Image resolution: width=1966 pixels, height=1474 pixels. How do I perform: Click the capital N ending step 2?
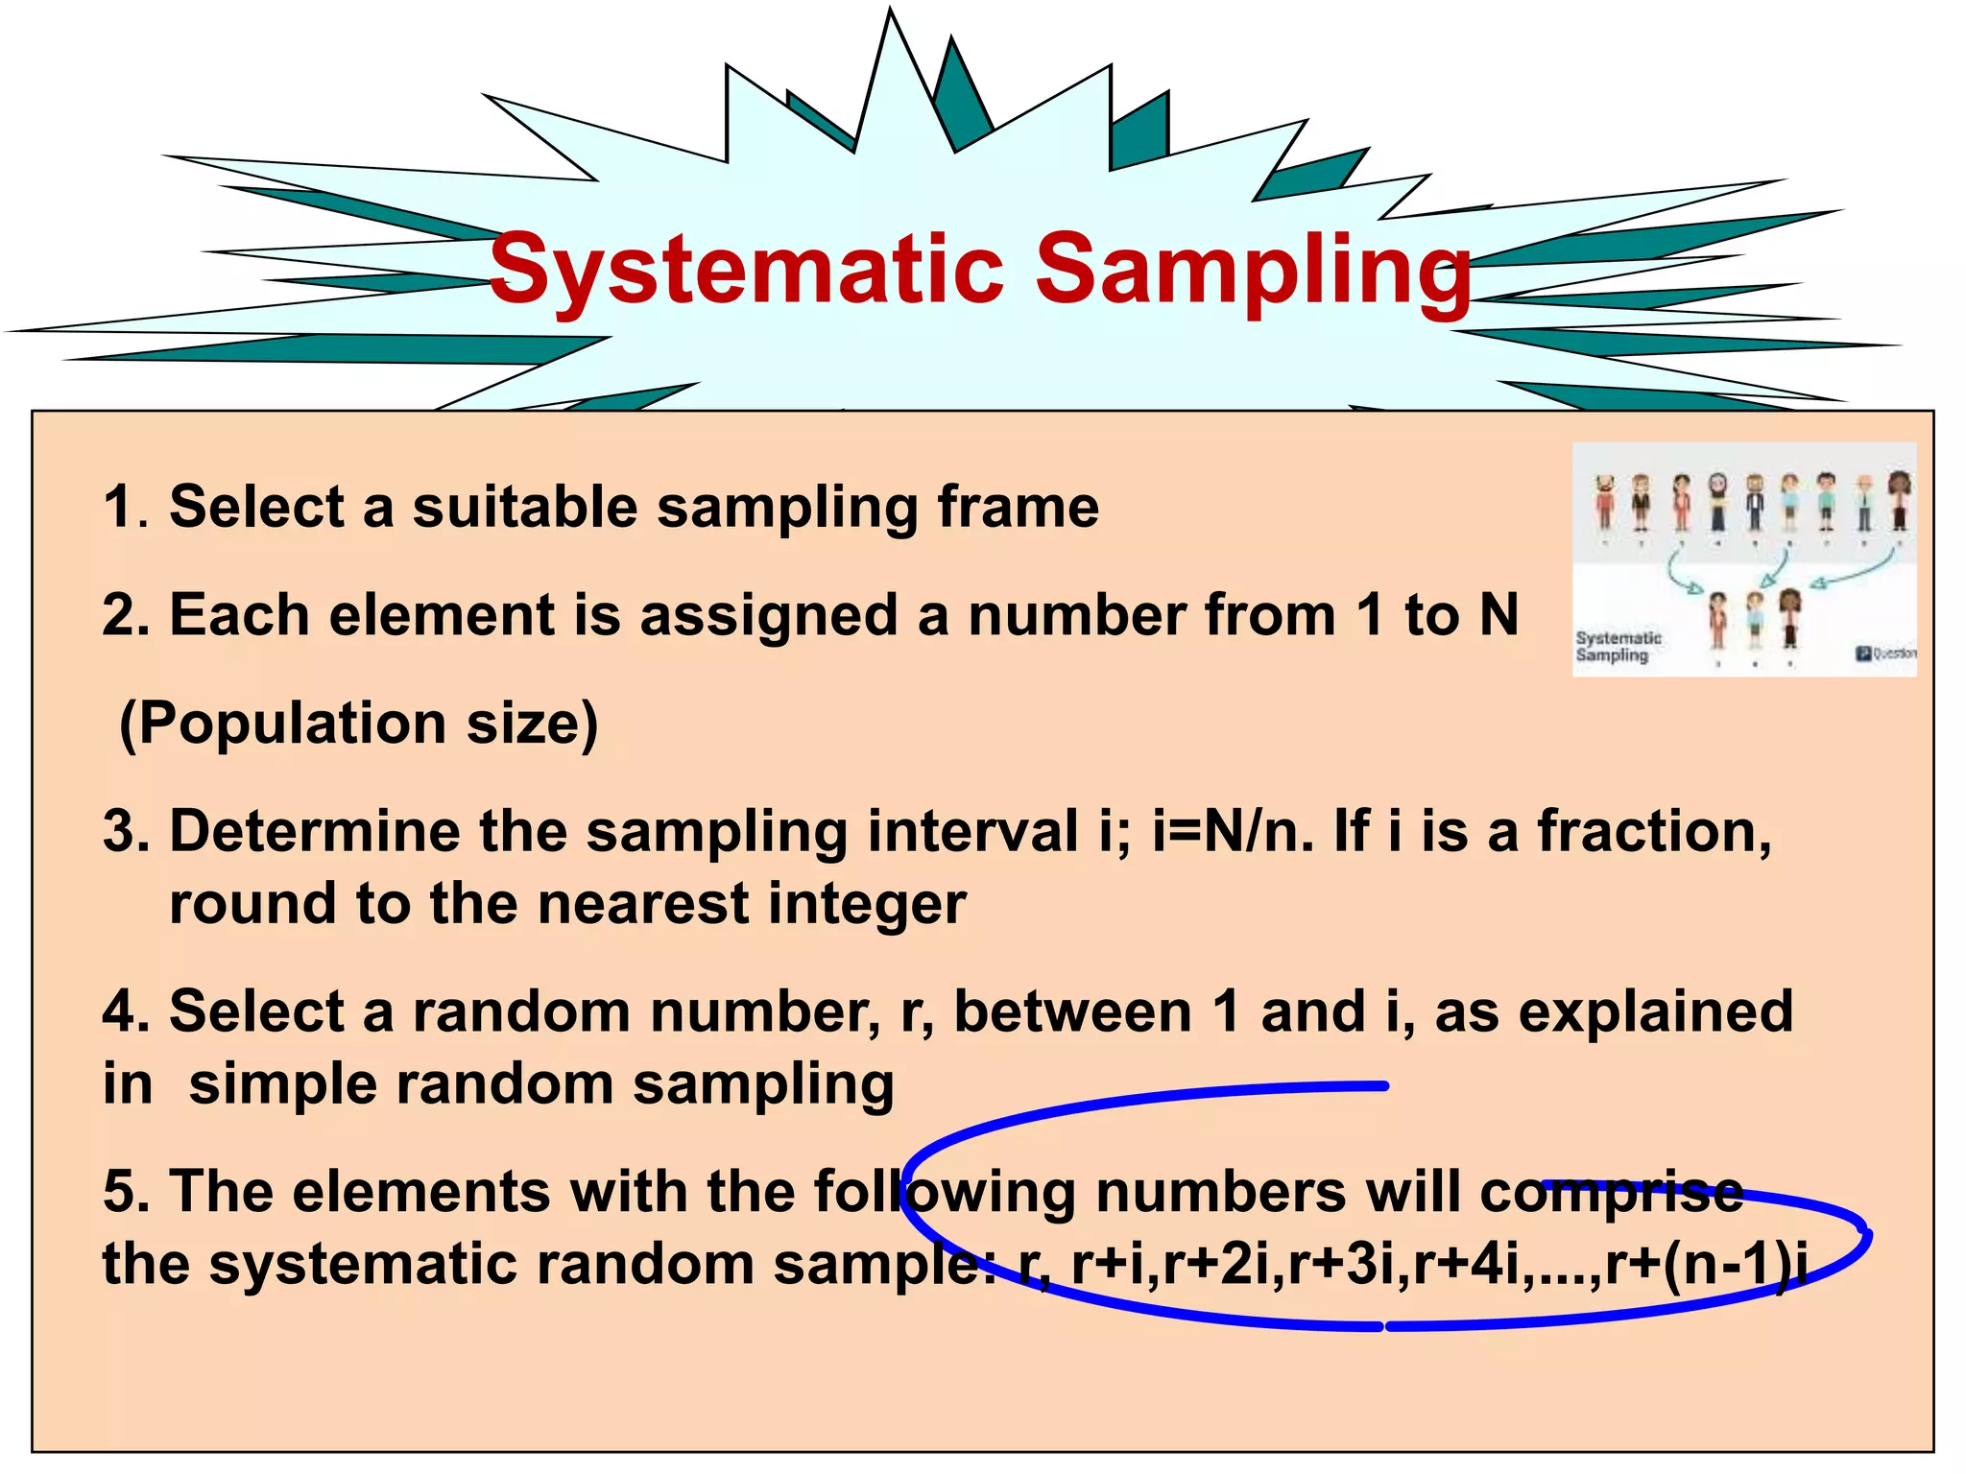[1498, 615]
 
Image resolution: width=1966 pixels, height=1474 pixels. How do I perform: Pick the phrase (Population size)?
[358, 724]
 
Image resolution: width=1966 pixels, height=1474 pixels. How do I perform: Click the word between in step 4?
[1072, 1011]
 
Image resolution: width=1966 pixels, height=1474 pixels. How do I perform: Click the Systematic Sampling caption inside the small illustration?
[1618, 647]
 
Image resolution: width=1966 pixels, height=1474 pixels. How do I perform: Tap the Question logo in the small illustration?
[1885, 654]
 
